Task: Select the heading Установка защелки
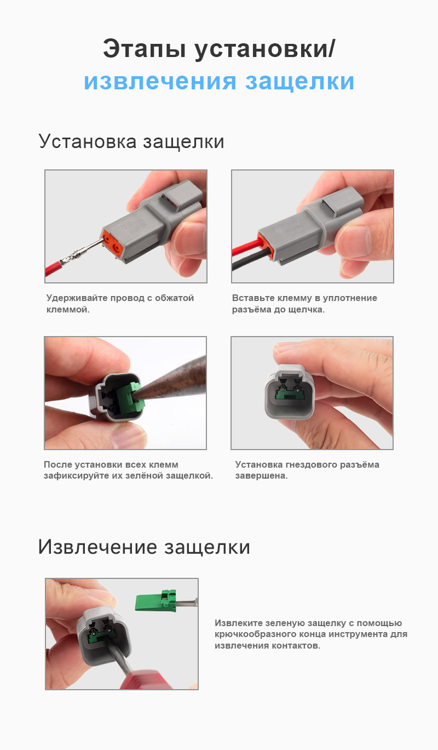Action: click(x=131, y=141)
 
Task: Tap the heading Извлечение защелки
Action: click(x=144, y=547)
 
